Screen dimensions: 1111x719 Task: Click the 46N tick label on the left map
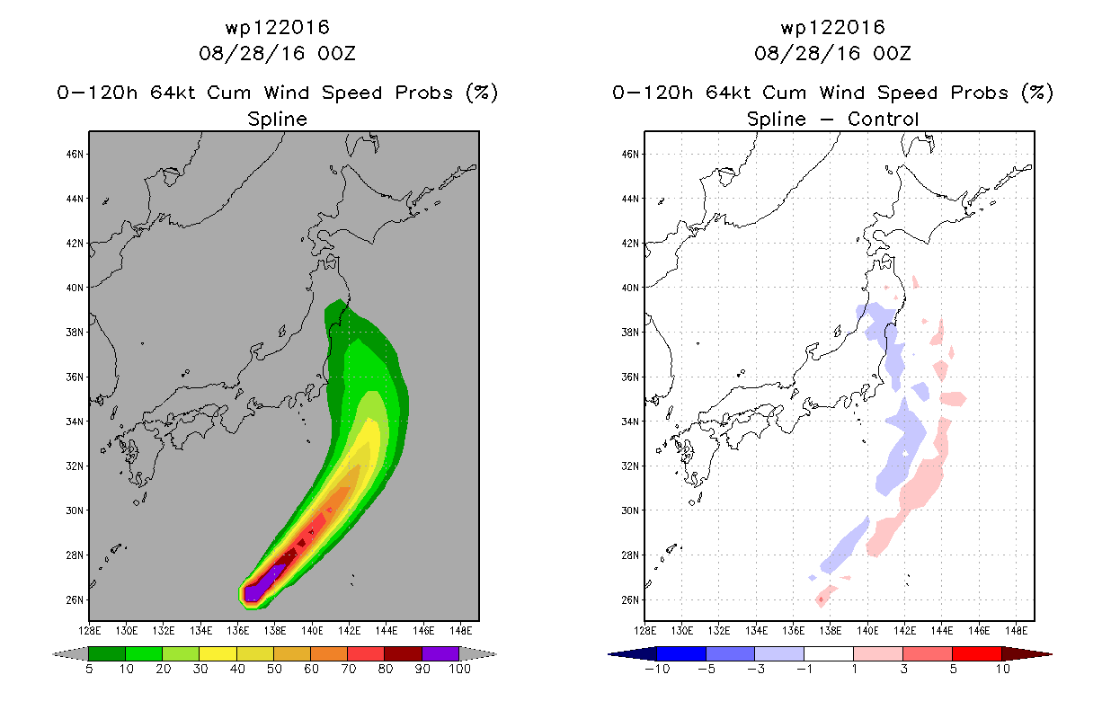pyautogui.click(x=75, y=155)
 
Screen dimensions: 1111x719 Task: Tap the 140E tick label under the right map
pyautogui.click(x=867, y=631)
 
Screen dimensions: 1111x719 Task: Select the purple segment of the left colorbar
pyautogui.click(x=440, y=653)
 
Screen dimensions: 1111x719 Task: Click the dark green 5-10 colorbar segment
pyautogui.click(x=107, y=653)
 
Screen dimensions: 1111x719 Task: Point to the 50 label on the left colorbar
pyautogui.click(x=274, y=669)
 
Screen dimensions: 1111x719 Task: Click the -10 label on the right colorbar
pyautogui.click(x=657, y=669)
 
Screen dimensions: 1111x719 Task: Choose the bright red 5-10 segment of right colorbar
pyautogui.click(x=977, y=653)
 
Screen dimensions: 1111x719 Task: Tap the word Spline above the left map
pyautogui.click(x=277, y=119)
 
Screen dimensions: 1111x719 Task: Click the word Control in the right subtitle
pyautogui.click(x=883, y=119)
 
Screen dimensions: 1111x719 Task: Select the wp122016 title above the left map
pyautogui.click(x=277, y=27)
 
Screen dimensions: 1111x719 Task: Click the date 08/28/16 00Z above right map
pyautogui.click(x=832, y=53)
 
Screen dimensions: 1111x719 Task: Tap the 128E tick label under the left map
pyautogui.click(x=89, y=631)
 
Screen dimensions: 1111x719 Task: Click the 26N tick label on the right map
pyautogui.click(x=630, y=600)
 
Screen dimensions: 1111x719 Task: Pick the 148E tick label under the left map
pyautogui.click(x=460, y=631)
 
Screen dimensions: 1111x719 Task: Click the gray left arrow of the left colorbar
pyautogui.click(x=71, y=654)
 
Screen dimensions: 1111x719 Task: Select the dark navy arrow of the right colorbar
pyautogui.click(x=633, y=654)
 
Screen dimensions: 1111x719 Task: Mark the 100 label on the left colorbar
pyautogui.click(x=459, y=669)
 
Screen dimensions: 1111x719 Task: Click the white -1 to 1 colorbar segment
pyautogui.click(x=829, y=653)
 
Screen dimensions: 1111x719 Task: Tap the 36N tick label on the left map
pyautogui.click(x=75, y=377)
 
